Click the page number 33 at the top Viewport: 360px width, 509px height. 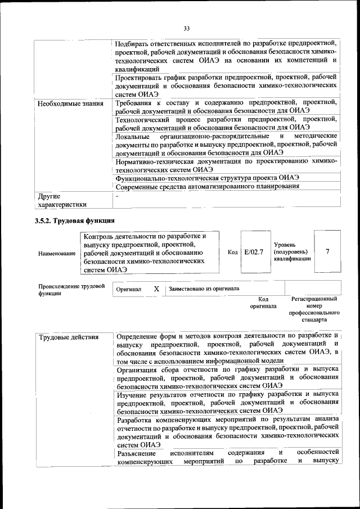[x=187, y=29]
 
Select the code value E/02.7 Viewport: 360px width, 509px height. [x=254, y=251]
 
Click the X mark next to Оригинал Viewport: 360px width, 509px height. [x=156, y=289]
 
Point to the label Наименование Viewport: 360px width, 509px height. [x=57, y=254]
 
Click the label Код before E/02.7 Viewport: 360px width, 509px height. [x=233, y=251]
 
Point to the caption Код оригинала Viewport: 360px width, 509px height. [x=263, y=303]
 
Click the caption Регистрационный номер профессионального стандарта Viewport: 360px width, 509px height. [x=314, y=309]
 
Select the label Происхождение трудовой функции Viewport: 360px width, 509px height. [x=71, y=289]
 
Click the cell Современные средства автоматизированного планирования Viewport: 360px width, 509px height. [x=207, y=186]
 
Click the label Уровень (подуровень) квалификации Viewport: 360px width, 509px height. [x=291, y=252]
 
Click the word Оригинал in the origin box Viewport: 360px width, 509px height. [x=129, y=289]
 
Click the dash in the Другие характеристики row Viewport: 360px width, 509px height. [x=117, y=196]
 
